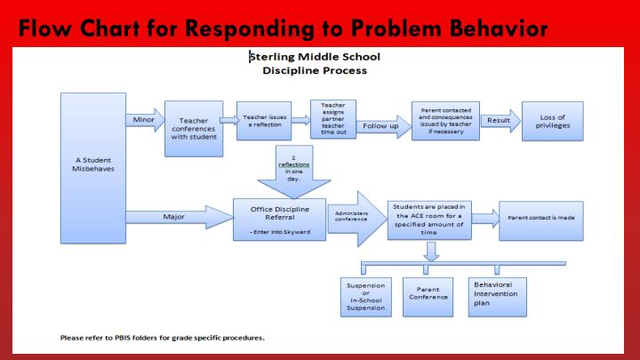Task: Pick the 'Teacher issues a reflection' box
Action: click(x=263, y=120)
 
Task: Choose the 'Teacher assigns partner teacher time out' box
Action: click(x=327, y=119)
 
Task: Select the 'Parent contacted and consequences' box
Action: click(x=444, y=122)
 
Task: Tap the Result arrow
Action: click(x=500, y=120)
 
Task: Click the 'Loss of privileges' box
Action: click(x=554, y=121)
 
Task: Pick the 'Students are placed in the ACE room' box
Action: click(x=429, y=218)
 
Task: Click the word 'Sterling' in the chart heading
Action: click(x=272, y=56)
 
